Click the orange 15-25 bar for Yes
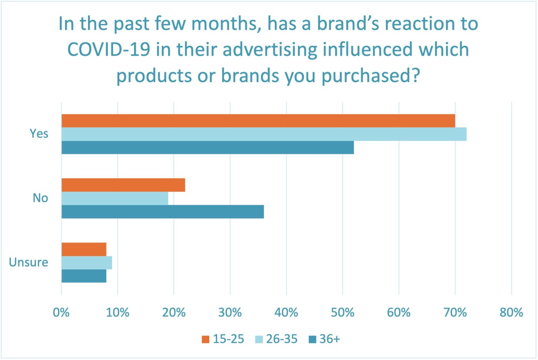(x=258, y=121)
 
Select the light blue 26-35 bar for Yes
(x=264, y=134)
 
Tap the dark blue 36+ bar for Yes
(x=207, y=148)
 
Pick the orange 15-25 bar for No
(x=123, y=185)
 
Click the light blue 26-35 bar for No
(x=115, y=198)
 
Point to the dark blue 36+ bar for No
(x=163, y=212)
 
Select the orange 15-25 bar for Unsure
(x=84, y=249)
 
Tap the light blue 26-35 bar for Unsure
(x=87, y=263)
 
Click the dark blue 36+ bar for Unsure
(x=84, y=276)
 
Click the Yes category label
(x=39, y=134)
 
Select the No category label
(x=40, y=198)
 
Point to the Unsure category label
(x=28, y=262)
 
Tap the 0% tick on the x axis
(x=61, y=312)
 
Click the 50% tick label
(x=343, y=312)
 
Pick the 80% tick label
(x=511, y=312)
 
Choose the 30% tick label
(x=230, y=312)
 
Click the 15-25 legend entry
(x=223, y=339)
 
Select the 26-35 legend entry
(x=277, y=339)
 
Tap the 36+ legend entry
(x=325, y=339)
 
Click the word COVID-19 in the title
(x=109, y=49)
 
